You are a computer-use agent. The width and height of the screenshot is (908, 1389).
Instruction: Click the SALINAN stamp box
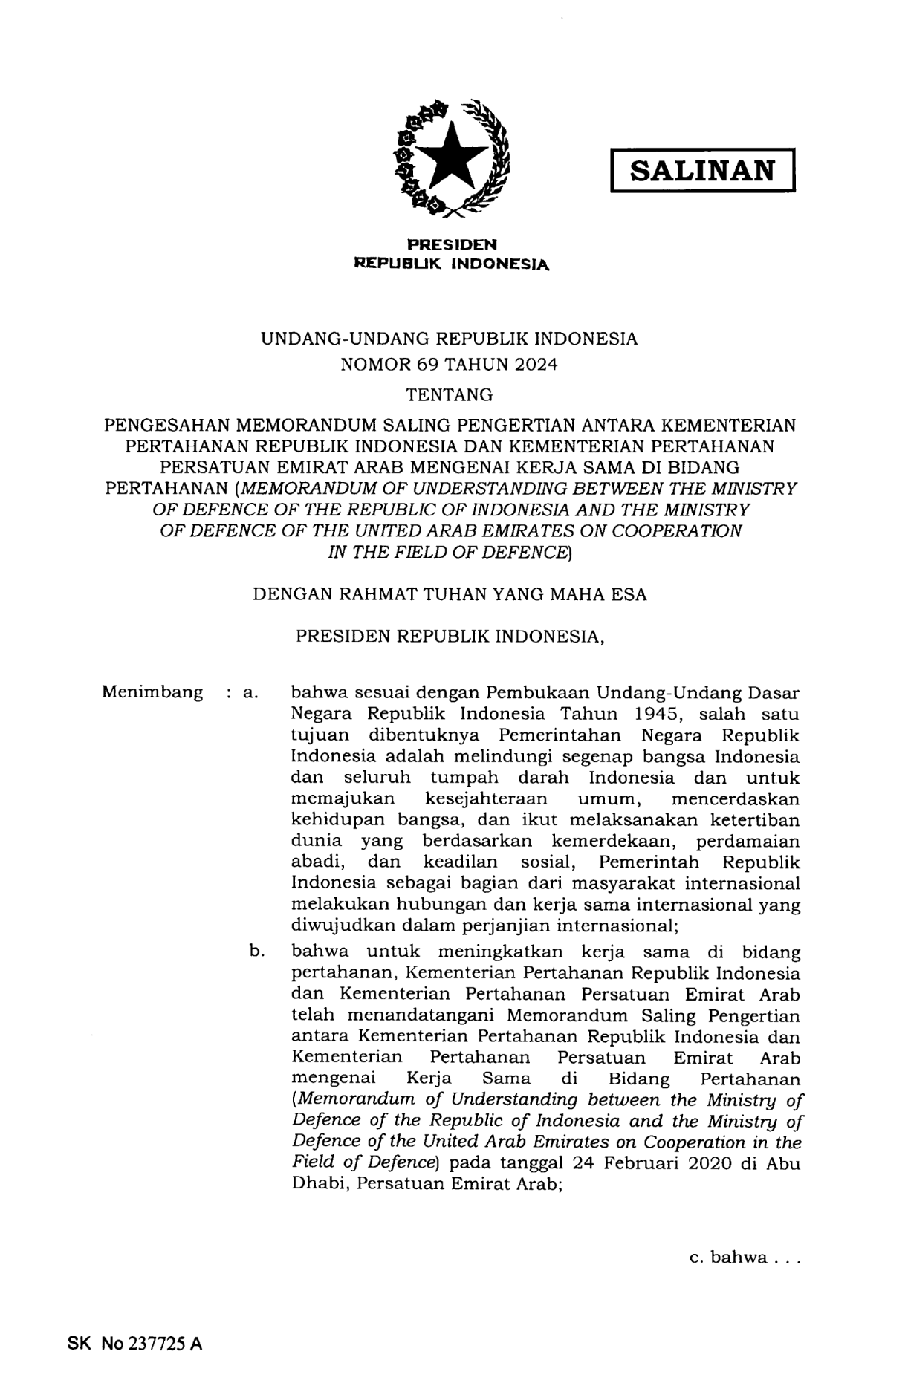[x=702, y=171]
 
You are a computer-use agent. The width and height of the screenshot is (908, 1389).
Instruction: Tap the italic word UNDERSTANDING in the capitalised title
[x=490, y=489]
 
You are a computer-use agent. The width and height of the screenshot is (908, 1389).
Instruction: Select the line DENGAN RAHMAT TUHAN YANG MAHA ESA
[x=450, y=594]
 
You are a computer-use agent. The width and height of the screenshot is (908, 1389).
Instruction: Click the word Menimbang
[x=152, y=692]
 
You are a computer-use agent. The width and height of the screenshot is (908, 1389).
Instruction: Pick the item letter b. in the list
[x=257, y=951]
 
